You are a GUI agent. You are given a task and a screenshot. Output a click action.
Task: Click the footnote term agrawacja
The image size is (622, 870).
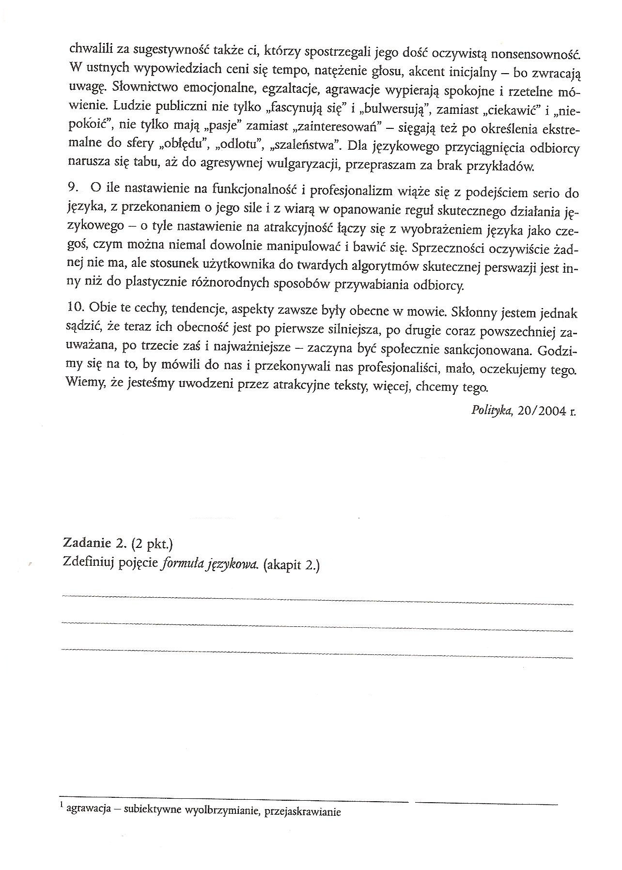pyautogui.click(x=92, y=809)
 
